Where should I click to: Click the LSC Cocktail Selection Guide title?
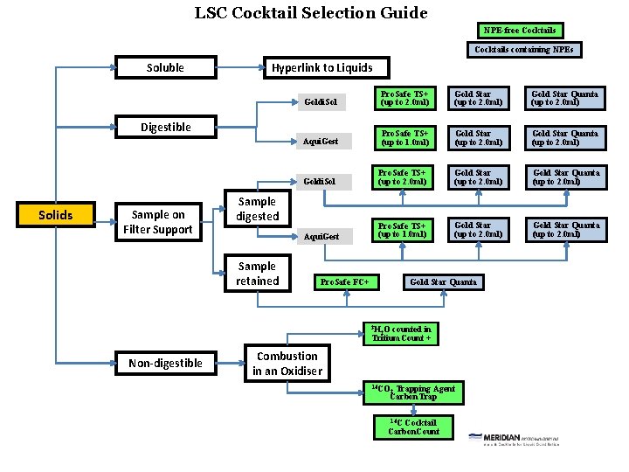click(311, 13)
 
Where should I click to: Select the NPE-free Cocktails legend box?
click(520, 31)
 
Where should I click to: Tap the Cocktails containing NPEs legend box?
click(524, 50)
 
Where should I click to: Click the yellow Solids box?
click(56, 215)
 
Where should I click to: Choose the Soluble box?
click(165, 67)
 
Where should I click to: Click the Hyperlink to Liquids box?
click(321, 67)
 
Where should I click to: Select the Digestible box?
click(165, 127)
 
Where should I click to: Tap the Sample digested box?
click(257, 209)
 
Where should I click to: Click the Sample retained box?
click(257, 274)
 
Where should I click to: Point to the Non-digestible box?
click(165, 363)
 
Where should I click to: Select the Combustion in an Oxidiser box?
click(287, 364)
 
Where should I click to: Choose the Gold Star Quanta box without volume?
click(443, 282)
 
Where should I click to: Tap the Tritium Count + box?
click(401, 334)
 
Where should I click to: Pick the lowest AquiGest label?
click(321, 236)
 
